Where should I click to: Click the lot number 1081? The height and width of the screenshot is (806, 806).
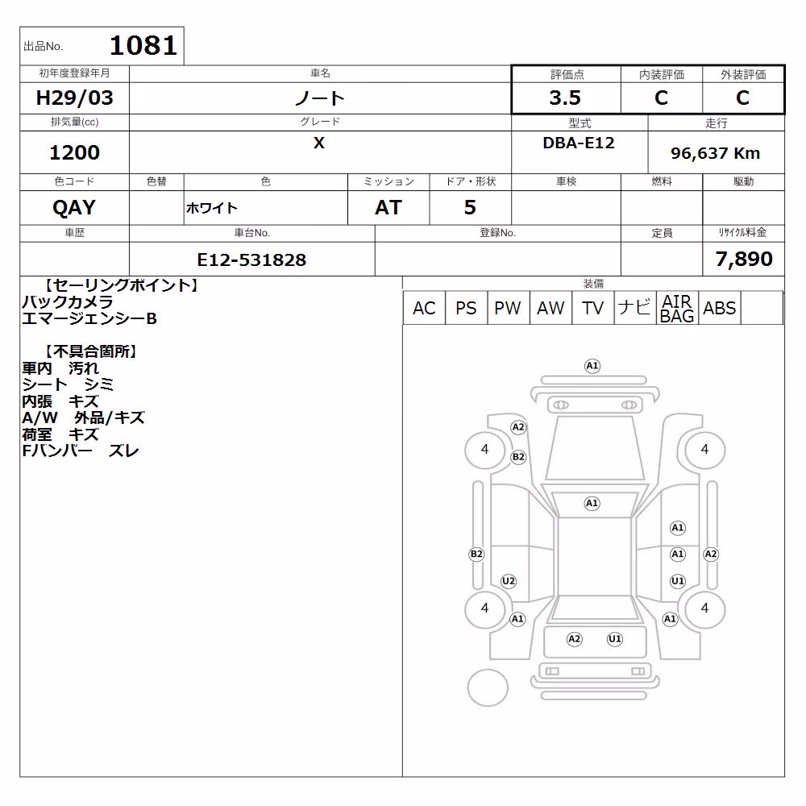click(143, 45)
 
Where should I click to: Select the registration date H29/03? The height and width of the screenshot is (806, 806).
click(74, 98)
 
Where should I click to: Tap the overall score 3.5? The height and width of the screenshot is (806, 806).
click(565, 98)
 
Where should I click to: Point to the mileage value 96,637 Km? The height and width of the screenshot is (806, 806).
click(715, 153)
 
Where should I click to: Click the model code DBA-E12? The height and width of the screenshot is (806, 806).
click(579, 143)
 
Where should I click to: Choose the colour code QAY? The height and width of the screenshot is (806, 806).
click(74, 208)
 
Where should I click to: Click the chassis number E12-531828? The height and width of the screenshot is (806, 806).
click(251, 260)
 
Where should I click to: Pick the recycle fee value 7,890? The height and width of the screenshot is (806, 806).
click(744, 259)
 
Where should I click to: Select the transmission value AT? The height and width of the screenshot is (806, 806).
click(388, 208)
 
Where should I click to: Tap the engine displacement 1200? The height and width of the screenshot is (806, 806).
click(74, 152)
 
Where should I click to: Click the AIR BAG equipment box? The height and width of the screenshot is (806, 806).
click(677, 308)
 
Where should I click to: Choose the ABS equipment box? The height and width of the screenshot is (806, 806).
click(720, 308)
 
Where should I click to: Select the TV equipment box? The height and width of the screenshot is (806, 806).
click(592, 308)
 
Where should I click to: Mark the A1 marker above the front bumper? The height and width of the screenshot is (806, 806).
click(592, 366)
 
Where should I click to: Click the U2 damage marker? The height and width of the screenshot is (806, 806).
click(508, 581)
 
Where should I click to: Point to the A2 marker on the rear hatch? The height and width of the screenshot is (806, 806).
click(574, 639)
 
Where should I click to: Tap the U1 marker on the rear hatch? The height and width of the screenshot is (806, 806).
click(615, 639)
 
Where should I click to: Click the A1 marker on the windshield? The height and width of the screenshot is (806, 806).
click(592, 503)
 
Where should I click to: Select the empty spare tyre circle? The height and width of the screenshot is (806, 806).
click(488, 688)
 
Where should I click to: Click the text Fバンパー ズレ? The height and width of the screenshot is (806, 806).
click(81, 451)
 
